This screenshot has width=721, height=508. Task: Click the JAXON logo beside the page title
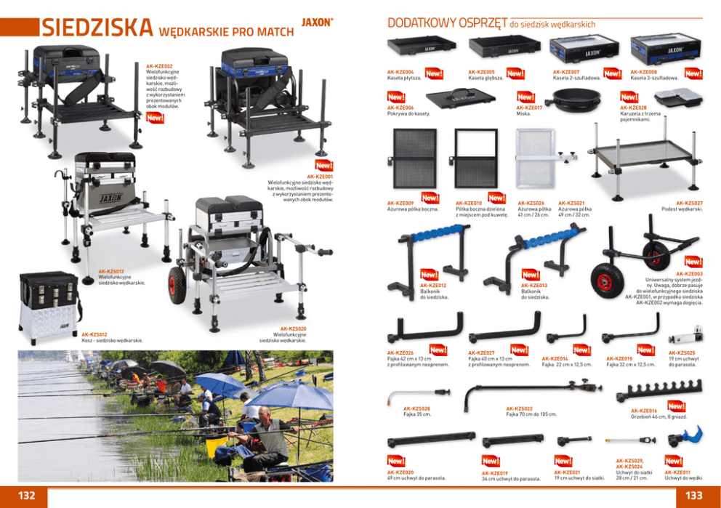[316, 22]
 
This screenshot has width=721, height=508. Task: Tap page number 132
[27, 495]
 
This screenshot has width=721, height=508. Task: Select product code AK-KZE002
[159, 65]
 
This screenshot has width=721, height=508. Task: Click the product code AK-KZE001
[320, 176]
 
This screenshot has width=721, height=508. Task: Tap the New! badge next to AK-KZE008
[693, 74]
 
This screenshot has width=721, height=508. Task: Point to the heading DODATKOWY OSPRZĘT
[448, 23]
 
